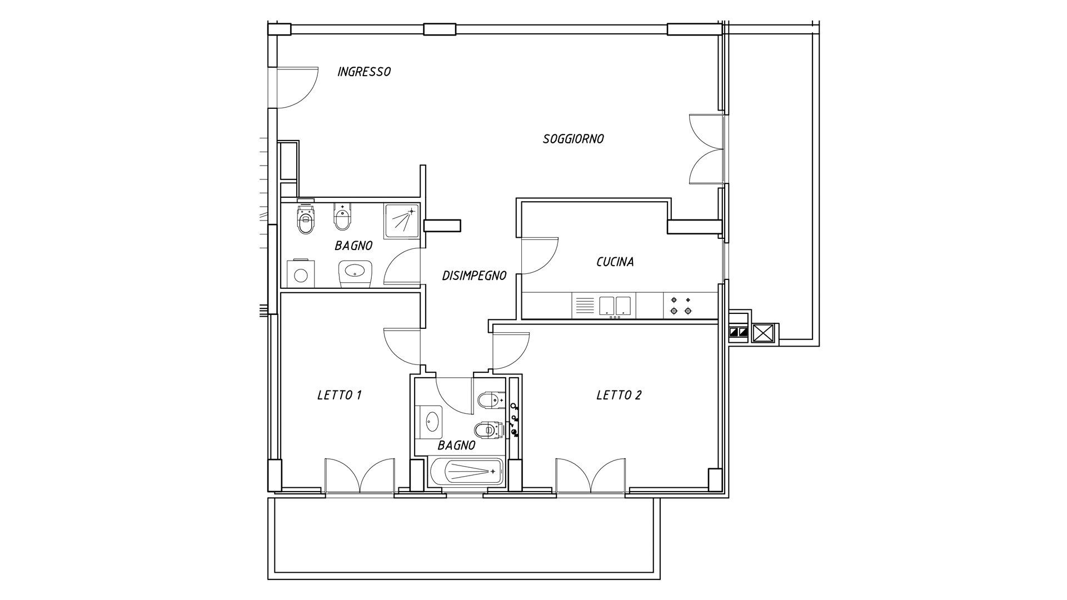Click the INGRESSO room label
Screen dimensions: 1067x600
tap(364, 72)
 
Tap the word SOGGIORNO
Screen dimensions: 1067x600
tap(573, 139)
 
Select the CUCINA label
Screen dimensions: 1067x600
tap(615, 262)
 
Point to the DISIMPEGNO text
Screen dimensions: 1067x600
tap(474, 275)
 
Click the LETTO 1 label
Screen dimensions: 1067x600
tap(340, 395)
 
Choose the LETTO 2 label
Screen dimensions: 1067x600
tap(619, 395)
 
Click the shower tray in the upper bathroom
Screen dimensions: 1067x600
tap(401, 221)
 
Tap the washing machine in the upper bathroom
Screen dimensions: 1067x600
tap(301, 274)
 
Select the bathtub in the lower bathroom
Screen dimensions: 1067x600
tap(466, 472)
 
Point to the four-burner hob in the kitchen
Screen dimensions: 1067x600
tap(681, 306)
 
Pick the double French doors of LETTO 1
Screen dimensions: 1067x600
tap(360, 476)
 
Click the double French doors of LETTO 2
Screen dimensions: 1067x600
tap(591, 476)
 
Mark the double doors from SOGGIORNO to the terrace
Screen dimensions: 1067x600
tap(706, 149)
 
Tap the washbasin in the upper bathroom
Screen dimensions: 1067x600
tap(355, 272)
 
